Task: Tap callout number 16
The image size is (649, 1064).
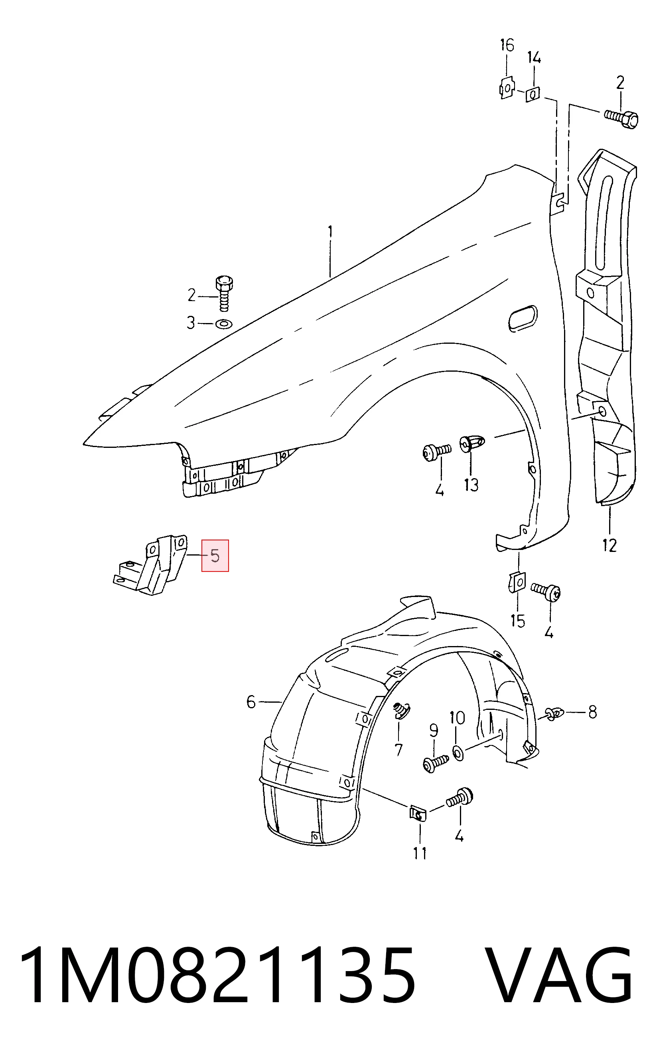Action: pos(507,45)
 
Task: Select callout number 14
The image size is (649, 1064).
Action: pos(534,58)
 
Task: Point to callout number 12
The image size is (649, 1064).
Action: pos(609,546)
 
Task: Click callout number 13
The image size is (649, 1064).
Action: pos(471,485)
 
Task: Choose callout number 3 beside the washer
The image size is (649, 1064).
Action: pos(190,323)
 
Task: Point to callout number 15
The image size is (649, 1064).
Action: pos(517,621)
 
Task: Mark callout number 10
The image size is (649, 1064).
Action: pos(457,718)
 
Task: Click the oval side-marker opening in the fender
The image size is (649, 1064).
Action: pos(523,318)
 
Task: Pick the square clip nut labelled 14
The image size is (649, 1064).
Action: pos(533,94)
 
